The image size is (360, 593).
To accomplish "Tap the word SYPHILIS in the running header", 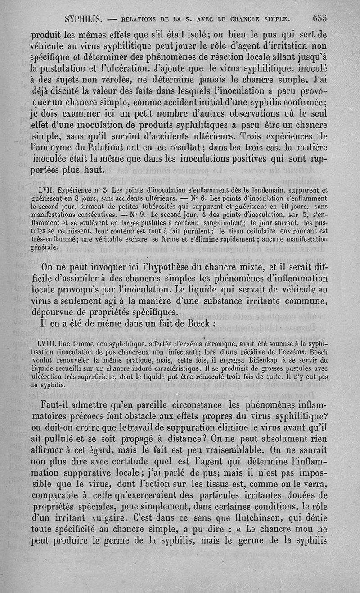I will pyautogui.click(x=85, y=19).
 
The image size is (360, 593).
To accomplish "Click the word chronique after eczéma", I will pyautogui.click(x=213, y=343).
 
